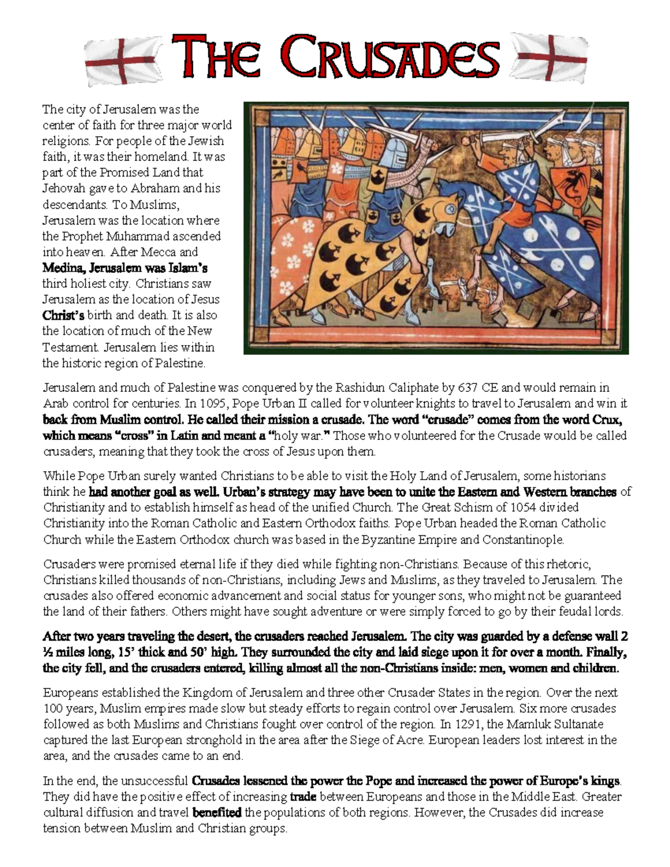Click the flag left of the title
click(x=123, y=60)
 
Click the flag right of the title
click(x=549, y=56)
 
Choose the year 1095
click(x=209, y=403)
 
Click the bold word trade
click(x=304, y=797)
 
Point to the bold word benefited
click(x=217, y=812)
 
